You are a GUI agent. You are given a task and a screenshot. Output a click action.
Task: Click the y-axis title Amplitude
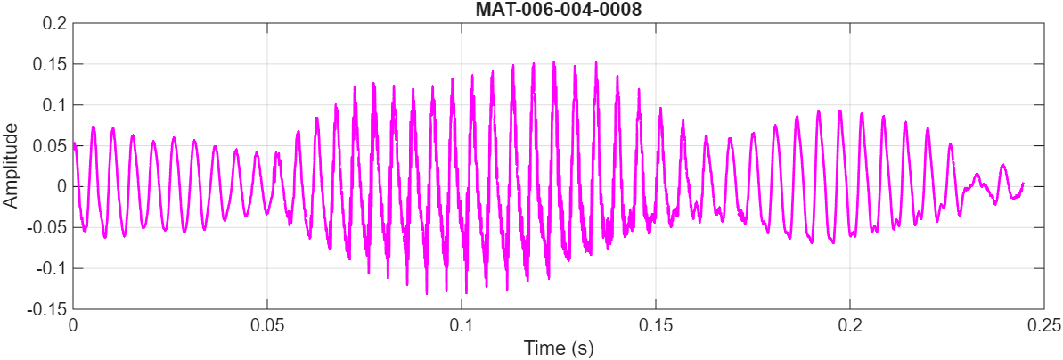click(x=11, y=166)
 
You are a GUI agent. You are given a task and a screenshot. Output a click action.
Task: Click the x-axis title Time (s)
click(x=558, y=347)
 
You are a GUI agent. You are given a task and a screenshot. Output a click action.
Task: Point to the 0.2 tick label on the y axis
click(x=54, y=23)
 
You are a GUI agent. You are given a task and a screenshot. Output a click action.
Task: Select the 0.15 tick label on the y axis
click(x=50, y=64)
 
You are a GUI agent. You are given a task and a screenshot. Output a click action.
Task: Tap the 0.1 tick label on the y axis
click(x=54, y=105)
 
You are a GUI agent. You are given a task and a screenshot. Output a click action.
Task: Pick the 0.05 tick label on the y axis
click(x=50, y=146)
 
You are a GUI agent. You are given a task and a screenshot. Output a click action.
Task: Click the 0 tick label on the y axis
click(x=61, y=187)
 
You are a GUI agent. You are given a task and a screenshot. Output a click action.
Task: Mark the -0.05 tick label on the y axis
click(x=48, y=228)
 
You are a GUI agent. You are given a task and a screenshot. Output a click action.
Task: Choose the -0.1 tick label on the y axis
click(x=52, y=268)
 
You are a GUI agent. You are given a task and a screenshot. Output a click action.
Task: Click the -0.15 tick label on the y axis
click(x=48, y=309)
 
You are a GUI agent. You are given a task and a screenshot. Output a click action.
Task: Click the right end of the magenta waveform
click(x=1023, y=183)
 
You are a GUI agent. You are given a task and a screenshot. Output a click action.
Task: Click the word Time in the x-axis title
click(x=543, y=347)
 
